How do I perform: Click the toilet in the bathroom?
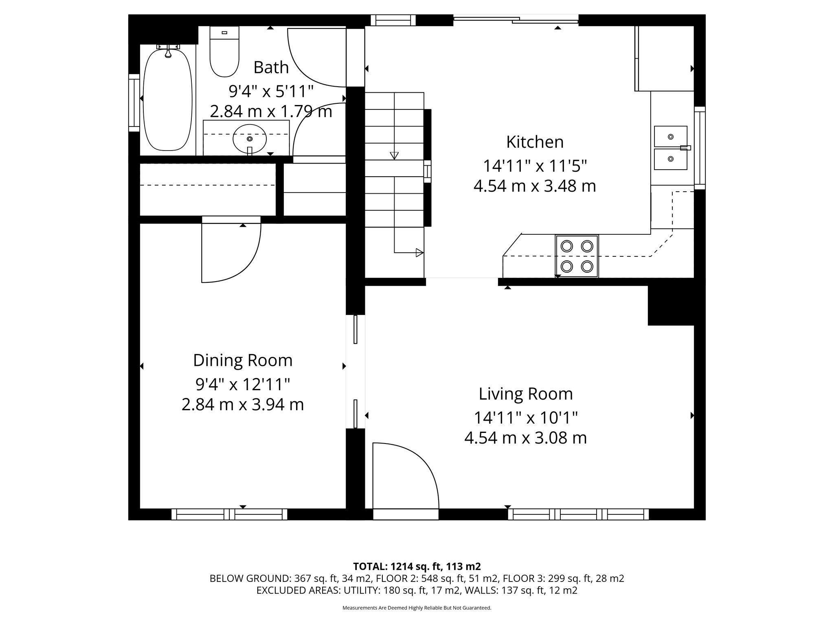[x=224, y=52]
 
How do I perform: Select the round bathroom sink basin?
[x=250, y=139]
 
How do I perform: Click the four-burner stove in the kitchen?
[x=577, y=256]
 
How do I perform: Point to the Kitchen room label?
[x=535, y=142]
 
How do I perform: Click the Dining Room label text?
[x=243, y=361]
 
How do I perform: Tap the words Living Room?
[x=526, y=394]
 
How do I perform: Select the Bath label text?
[x=271, y=68]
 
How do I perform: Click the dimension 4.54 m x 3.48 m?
[x=535, y=186]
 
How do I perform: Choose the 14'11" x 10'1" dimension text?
[x=526, y=417]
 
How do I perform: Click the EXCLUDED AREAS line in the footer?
[x=417, y=590]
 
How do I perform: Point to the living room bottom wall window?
[x=578, y=514]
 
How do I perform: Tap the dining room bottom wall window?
[x=229, y=514]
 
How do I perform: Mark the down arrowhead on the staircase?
[x=394, y=155]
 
